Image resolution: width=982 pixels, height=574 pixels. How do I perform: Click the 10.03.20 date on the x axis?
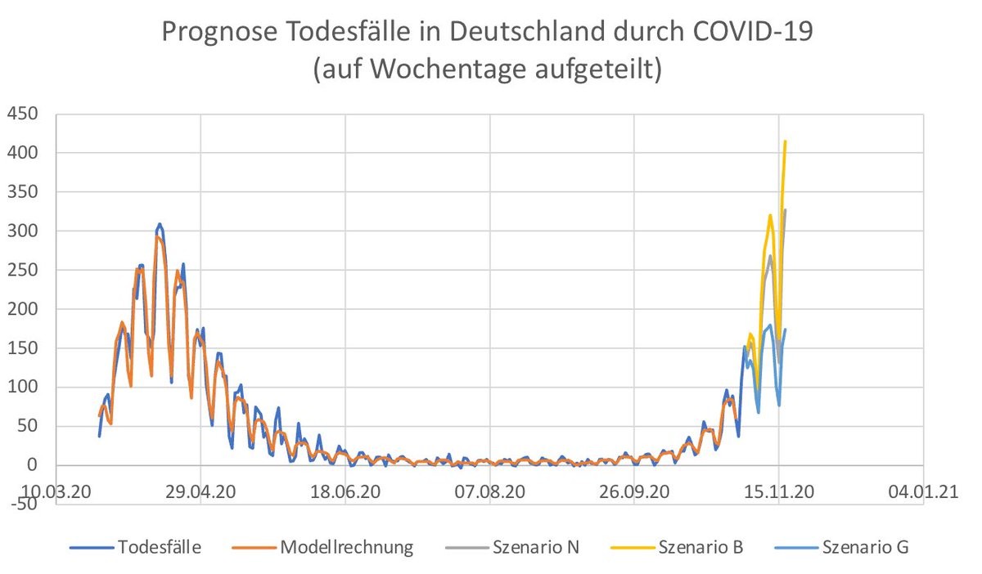(x=56, y=491)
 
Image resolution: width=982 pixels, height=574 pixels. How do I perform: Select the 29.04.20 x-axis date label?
(x=200, y=491)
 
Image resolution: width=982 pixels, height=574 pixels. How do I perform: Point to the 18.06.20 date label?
(x=345, y=491)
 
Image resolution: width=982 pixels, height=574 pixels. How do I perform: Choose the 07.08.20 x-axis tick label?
(x=489, y=491)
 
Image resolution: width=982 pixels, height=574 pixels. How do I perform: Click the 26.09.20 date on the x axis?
(x=634, y=491)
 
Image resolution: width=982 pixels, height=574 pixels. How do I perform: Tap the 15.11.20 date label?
(x=779, y=491)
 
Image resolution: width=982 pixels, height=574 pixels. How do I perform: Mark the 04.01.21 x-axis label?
(x=923, y=491)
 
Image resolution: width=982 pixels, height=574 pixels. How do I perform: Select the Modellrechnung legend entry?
(x=347, y=547)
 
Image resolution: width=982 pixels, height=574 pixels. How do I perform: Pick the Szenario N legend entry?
(x=536, y=547)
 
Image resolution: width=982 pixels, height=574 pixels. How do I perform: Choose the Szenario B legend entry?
(x=700, y=547)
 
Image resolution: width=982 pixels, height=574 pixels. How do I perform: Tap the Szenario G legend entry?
(x=865, y=547)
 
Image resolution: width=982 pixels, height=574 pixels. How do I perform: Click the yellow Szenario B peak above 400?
(x=785, y=142)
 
